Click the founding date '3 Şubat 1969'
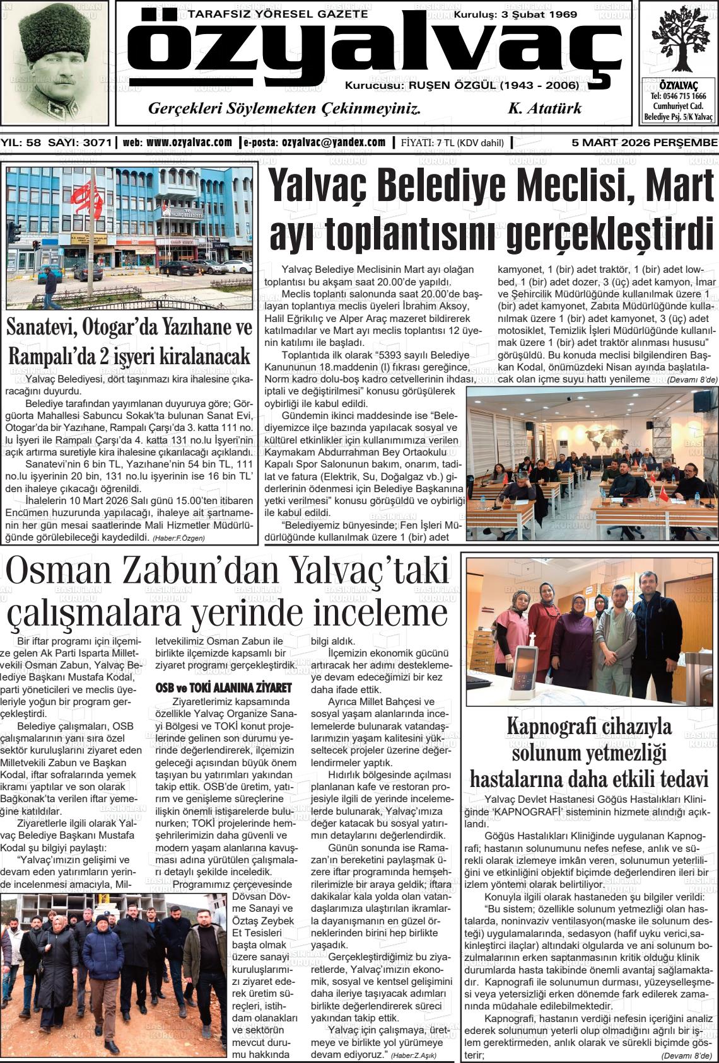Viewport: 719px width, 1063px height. (538, 14)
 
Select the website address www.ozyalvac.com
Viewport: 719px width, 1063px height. (189, 142)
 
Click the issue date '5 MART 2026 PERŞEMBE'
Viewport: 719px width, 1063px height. (644, 142)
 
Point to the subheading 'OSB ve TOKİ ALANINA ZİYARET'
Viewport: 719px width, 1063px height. (223, 686)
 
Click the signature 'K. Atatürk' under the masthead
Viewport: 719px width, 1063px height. (544, 108)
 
